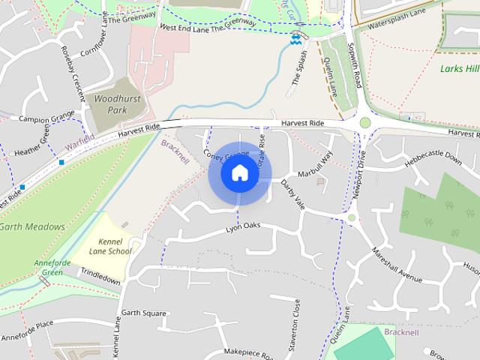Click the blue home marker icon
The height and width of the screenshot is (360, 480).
239,173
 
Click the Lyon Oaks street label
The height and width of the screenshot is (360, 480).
242,226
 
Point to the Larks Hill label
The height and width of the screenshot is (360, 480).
460,69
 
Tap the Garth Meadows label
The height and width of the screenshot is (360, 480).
31,226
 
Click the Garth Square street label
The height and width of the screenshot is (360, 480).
143,313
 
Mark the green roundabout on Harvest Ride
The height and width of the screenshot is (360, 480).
365,123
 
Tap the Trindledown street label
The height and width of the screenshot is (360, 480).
100,279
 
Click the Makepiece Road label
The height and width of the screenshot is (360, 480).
251,352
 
